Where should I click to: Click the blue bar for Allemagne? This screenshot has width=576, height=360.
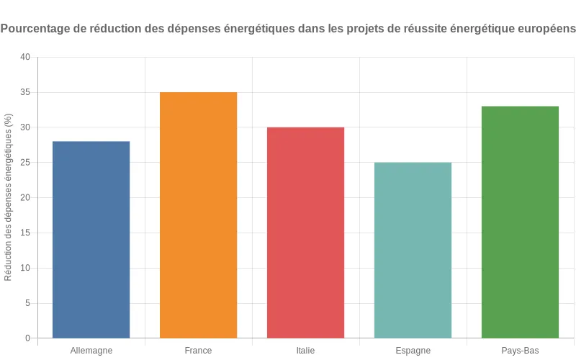91,240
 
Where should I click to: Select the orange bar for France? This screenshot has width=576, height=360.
198,215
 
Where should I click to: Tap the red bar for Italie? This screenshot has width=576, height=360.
305,233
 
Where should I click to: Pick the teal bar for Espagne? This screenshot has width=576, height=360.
413,250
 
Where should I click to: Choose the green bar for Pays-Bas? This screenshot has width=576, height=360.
520,222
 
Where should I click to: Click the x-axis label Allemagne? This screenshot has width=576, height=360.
91,351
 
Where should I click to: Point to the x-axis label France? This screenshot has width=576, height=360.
198,351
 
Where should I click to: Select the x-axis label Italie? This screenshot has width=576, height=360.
305,351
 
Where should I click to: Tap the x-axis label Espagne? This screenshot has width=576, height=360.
413,351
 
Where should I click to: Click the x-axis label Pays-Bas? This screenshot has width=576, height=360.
520,351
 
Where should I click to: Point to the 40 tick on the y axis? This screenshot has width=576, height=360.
25,57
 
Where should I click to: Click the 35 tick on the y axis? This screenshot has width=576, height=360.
25,92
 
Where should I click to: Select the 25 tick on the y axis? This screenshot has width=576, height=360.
25,163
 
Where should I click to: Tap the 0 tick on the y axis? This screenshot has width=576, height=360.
27,338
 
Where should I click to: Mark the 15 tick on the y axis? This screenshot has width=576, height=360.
25,233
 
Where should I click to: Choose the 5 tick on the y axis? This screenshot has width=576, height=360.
27,303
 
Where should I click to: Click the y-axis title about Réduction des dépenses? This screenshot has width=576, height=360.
9,197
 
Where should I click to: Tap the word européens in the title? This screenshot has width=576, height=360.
544,30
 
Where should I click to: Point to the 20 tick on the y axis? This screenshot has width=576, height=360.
25,198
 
